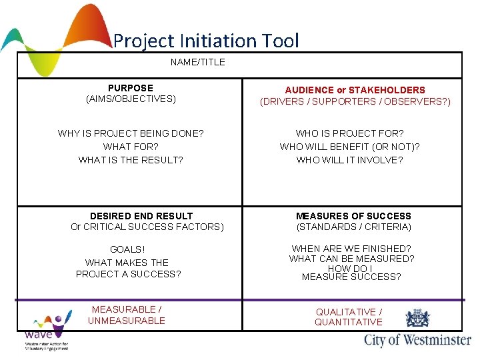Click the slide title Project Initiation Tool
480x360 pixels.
[206, 41]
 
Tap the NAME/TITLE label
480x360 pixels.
[198, 62]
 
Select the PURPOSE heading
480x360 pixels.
[131, 88]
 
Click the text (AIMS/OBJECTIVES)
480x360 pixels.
[131, 99]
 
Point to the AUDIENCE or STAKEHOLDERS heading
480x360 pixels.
[355, 90]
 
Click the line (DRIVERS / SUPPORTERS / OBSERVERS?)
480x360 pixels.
[355, 102]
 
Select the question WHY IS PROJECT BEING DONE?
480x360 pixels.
[131, 133]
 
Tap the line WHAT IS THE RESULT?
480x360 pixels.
[131, 160]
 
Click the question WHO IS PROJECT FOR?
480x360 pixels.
[350, 133]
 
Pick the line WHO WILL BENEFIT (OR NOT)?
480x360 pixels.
[350, 147]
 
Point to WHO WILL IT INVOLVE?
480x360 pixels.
[350, 160]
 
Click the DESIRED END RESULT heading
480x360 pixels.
[141, 216]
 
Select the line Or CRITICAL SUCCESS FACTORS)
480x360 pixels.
[147, 227]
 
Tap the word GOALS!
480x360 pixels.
[127, 249]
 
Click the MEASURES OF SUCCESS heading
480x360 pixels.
[353, 216]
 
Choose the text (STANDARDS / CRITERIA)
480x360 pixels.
[353, 227]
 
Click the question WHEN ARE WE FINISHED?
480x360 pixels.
[351, 249]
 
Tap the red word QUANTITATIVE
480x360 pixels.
[349, 322]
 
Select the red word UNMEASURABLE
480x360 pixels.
[127, 321]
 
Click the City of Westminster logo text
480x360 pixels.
[417, 340]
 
